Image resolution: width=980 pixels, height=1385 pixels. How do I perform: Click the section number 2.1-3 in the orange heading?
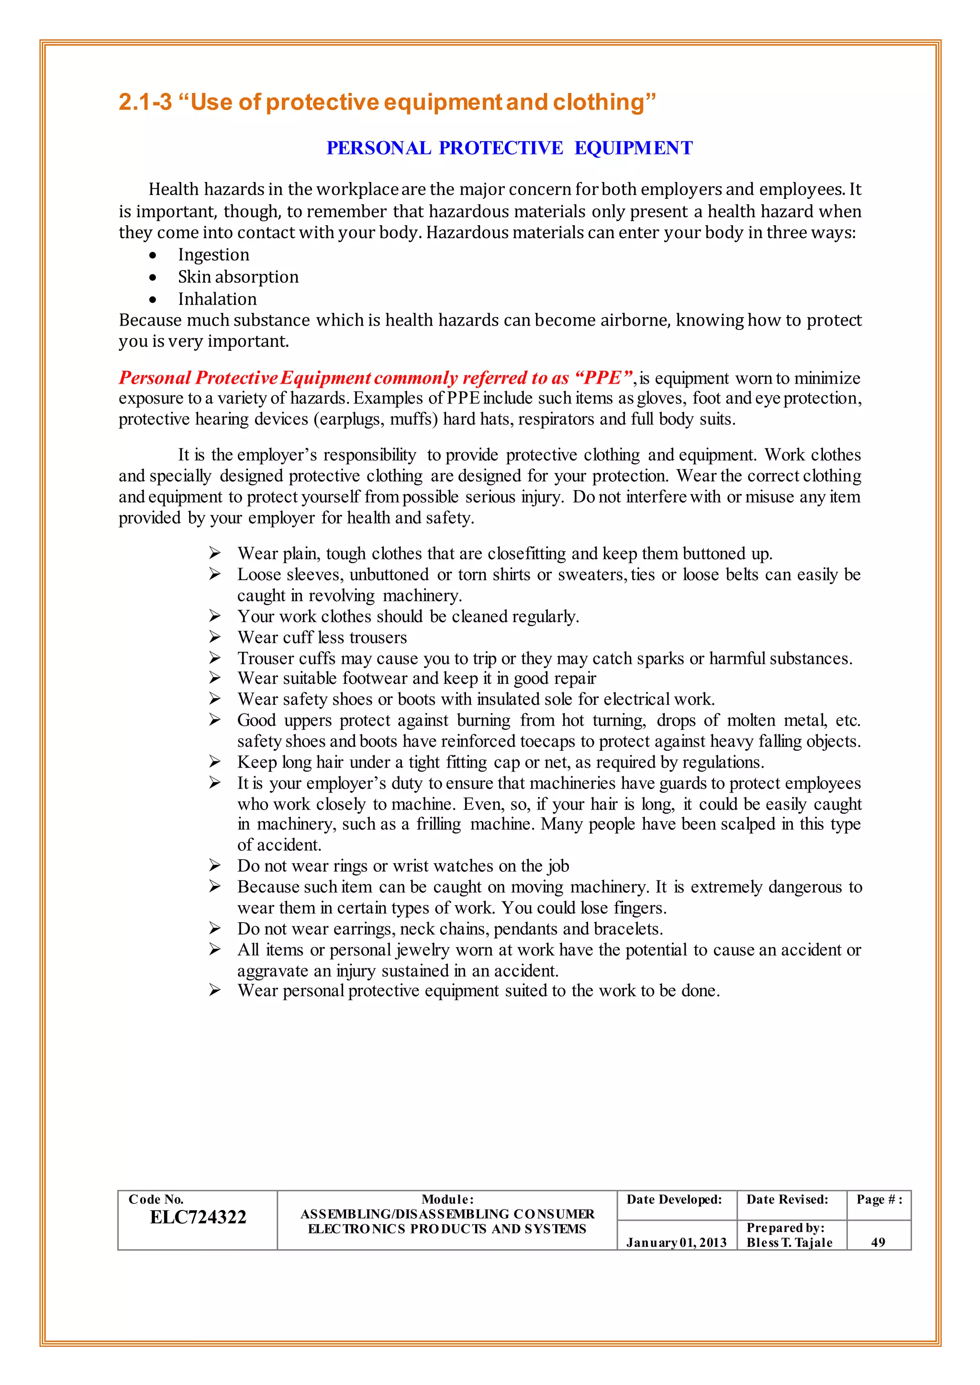point(145,102)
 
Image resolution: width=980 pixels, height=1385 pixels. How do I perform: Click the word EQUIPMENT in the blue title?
point(633,148)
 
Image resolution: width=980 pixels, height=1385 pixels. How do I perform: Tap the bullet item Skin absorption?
point(238,277)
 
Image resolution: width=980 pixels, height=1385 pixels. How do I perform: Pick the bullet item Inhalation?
point(217,299)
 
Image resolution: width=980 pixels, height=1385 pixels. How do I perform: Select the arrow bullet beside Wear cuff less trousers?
point(215,637)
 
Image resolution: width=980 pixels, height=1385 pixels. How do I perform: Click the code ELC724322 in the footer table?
point(198,1217)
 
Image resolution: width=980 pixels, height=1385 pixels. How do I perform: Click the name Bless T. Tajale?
point(789,1242)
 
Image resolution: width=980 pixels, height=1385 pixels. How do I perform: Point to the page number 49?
point(878,1242)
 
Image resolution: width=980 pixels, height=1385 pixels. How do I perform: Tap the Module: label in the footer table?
point(447,1199)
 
